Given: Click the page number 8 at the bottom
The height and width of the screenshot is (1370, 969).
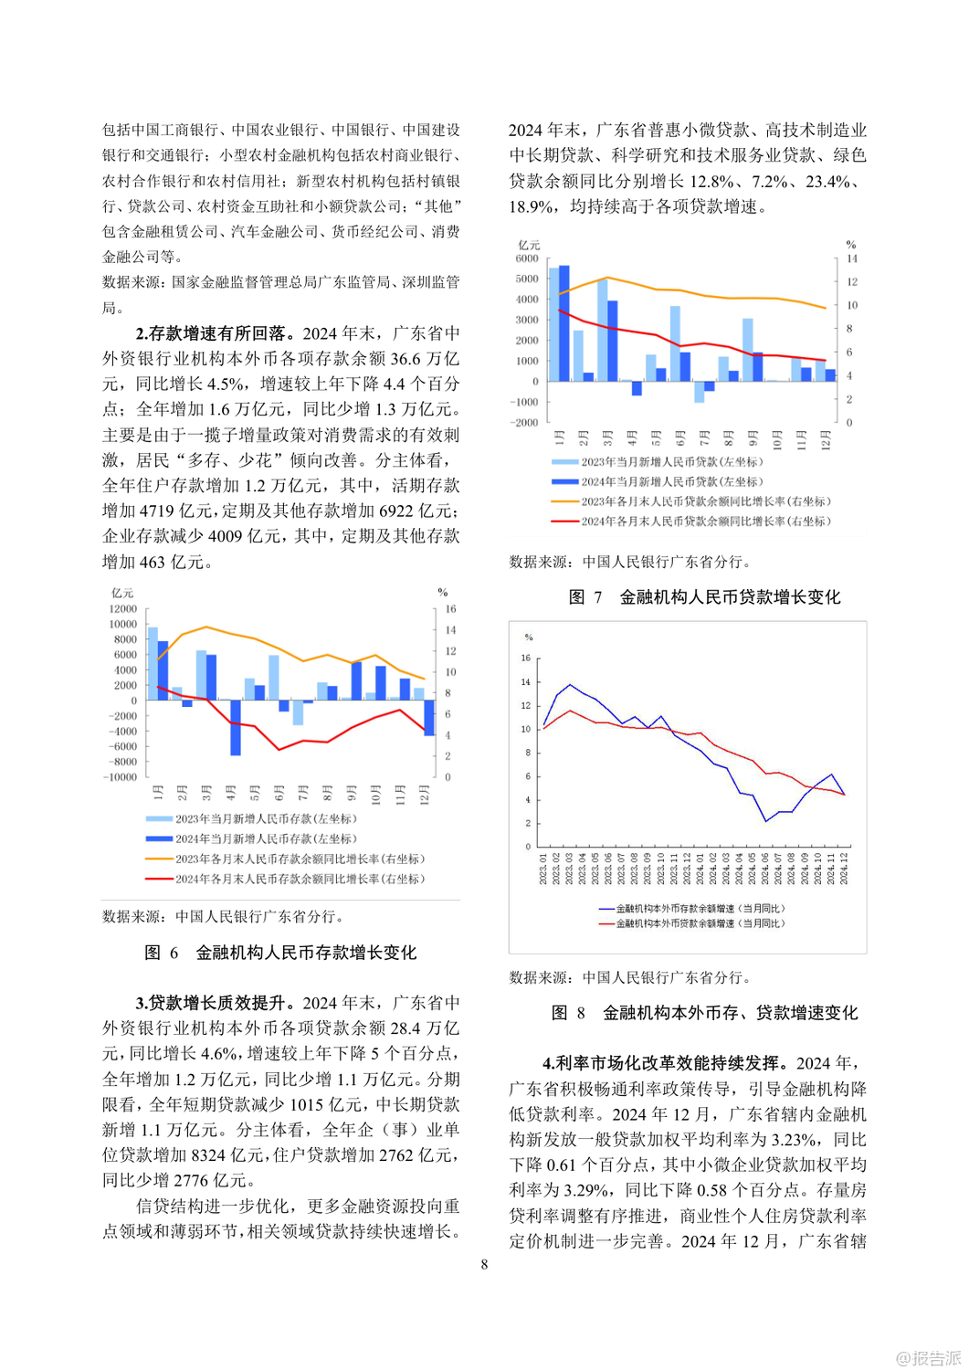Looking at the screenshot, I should (x=484, y=1264).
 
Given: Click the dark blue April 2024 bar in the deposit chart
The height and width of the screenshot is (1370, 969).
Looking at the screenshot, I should (x=236, y=727).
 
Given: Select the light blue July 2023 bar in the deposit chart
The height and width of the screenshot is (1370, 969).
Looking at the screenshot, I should (x=298, y=712).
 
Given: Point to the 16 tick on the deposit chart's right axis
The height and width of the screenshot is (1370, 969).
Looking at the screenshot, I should (x=450, y=609).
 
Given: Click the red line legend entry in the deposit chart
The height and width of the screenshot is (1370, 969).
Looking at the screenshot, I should (x=285, y=879).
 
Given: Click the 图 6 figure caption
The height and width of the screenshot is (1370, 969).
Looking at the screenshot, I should (x=280, y=953).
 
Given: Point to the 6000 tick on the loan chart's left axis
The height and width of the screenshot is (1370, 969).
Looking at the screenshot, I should (x=527, y=258).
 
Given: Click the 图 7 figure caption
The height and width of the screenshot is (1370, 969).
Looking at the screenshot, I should (x=704, y=597).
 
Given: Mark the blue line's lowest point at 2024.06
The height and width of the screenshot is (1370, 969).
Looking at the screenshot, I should (x=765, y=821).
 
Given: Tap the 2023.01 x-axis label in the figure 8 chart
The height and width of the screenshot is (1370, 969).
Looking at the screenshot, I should (x=544, y=869).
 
